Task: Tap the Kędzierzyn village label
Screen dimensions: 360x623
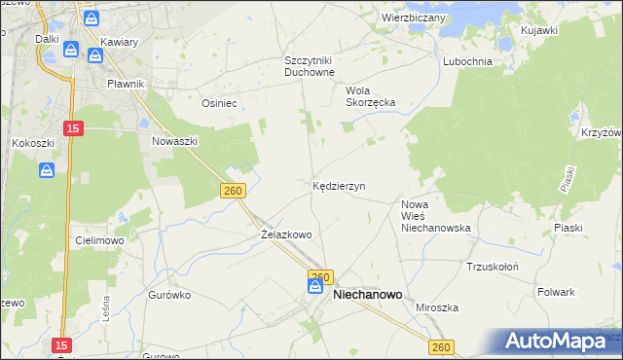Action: pos(339,185)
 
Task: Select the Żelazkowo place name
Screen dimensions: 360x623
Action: pos(286,234)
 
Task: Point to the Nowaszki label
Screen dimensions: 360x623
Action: pos(175,141)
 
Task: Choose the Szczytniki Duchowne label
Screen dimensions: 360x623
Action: pos(310,65)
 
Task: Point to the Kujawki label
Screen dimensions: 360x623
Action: pos(538,31)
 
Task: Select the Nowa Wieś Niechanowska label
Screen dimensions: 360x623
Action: pos(436,216)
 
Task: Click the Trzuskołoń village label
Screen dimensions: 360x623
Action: pos(493,267)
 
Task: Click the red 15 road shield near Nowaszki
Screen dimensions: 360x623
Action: pos(73,128)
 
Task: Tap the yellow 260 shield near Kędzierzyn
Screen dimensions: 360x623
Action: pos(232,192)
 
